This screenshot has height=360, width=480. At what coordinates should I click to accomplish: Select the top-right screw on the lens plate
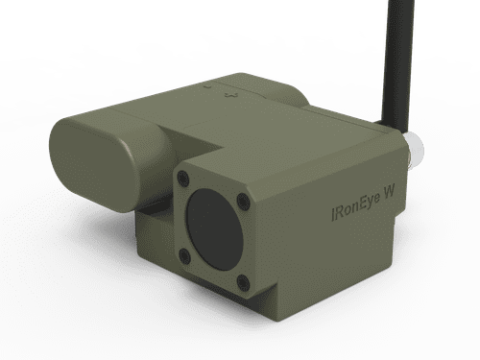pos(243,201)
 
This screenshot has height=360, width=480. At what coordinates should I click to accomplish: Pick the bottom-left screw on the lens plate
pos(183,254)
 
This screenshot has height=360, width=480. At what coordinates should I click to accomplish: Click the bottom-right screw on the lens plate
pos(243,282)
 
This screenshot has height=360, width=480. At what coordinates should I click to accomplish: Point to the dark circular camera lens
pos(212,229)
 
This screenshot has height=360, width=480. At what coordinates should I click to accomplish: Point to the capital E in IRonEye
pos(356,202)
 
